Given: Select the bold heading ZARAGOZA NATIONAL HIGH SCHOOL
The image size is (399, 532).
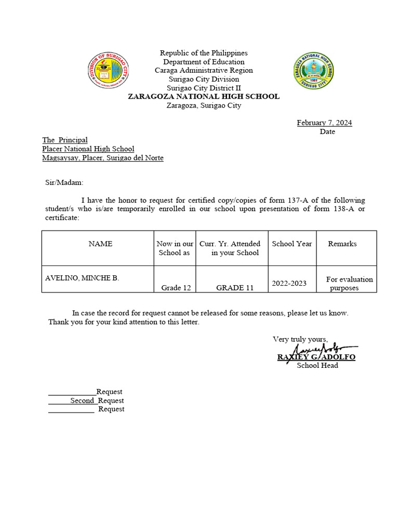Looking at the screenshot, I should (x=204, y=97).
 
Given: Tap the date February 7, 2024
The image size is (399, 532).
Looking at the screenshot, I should (x=324, y=123).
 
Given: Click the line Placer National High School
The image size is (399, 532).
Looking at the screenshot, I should (x=88, y=149).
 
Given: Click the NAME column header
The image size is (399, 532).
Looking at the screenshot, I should (x=100, y=244).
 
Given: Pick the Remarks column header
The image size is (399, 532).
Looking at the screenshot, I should (x=342, y=244).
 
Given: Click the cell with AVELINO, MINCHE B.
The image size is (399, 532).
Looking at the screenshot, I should (x=82, y=278).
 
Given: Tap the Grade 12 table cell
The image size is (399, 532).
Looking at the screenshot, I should (x=176, y=288).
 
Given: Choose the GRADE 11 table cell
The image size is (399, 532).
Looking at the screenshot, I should (x=235, y=288).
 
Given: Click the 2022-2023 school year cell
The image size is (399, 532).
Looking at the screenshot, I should (x=289, y=283).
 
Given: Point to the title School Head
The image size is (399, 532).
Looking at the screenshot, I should (x=317, y=365).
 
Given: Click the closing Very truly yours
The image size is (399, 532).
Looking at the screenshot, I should (x=300, y=339).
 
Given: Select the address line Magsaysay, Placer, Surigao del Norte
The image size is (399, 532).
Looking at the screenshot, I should (x=103, y=158).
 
